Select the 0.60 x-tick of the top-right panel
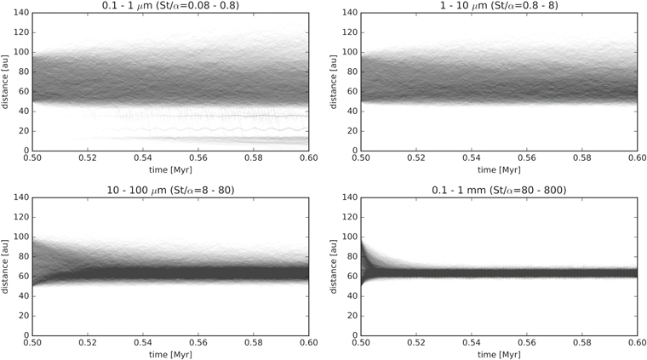(636, 158)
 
